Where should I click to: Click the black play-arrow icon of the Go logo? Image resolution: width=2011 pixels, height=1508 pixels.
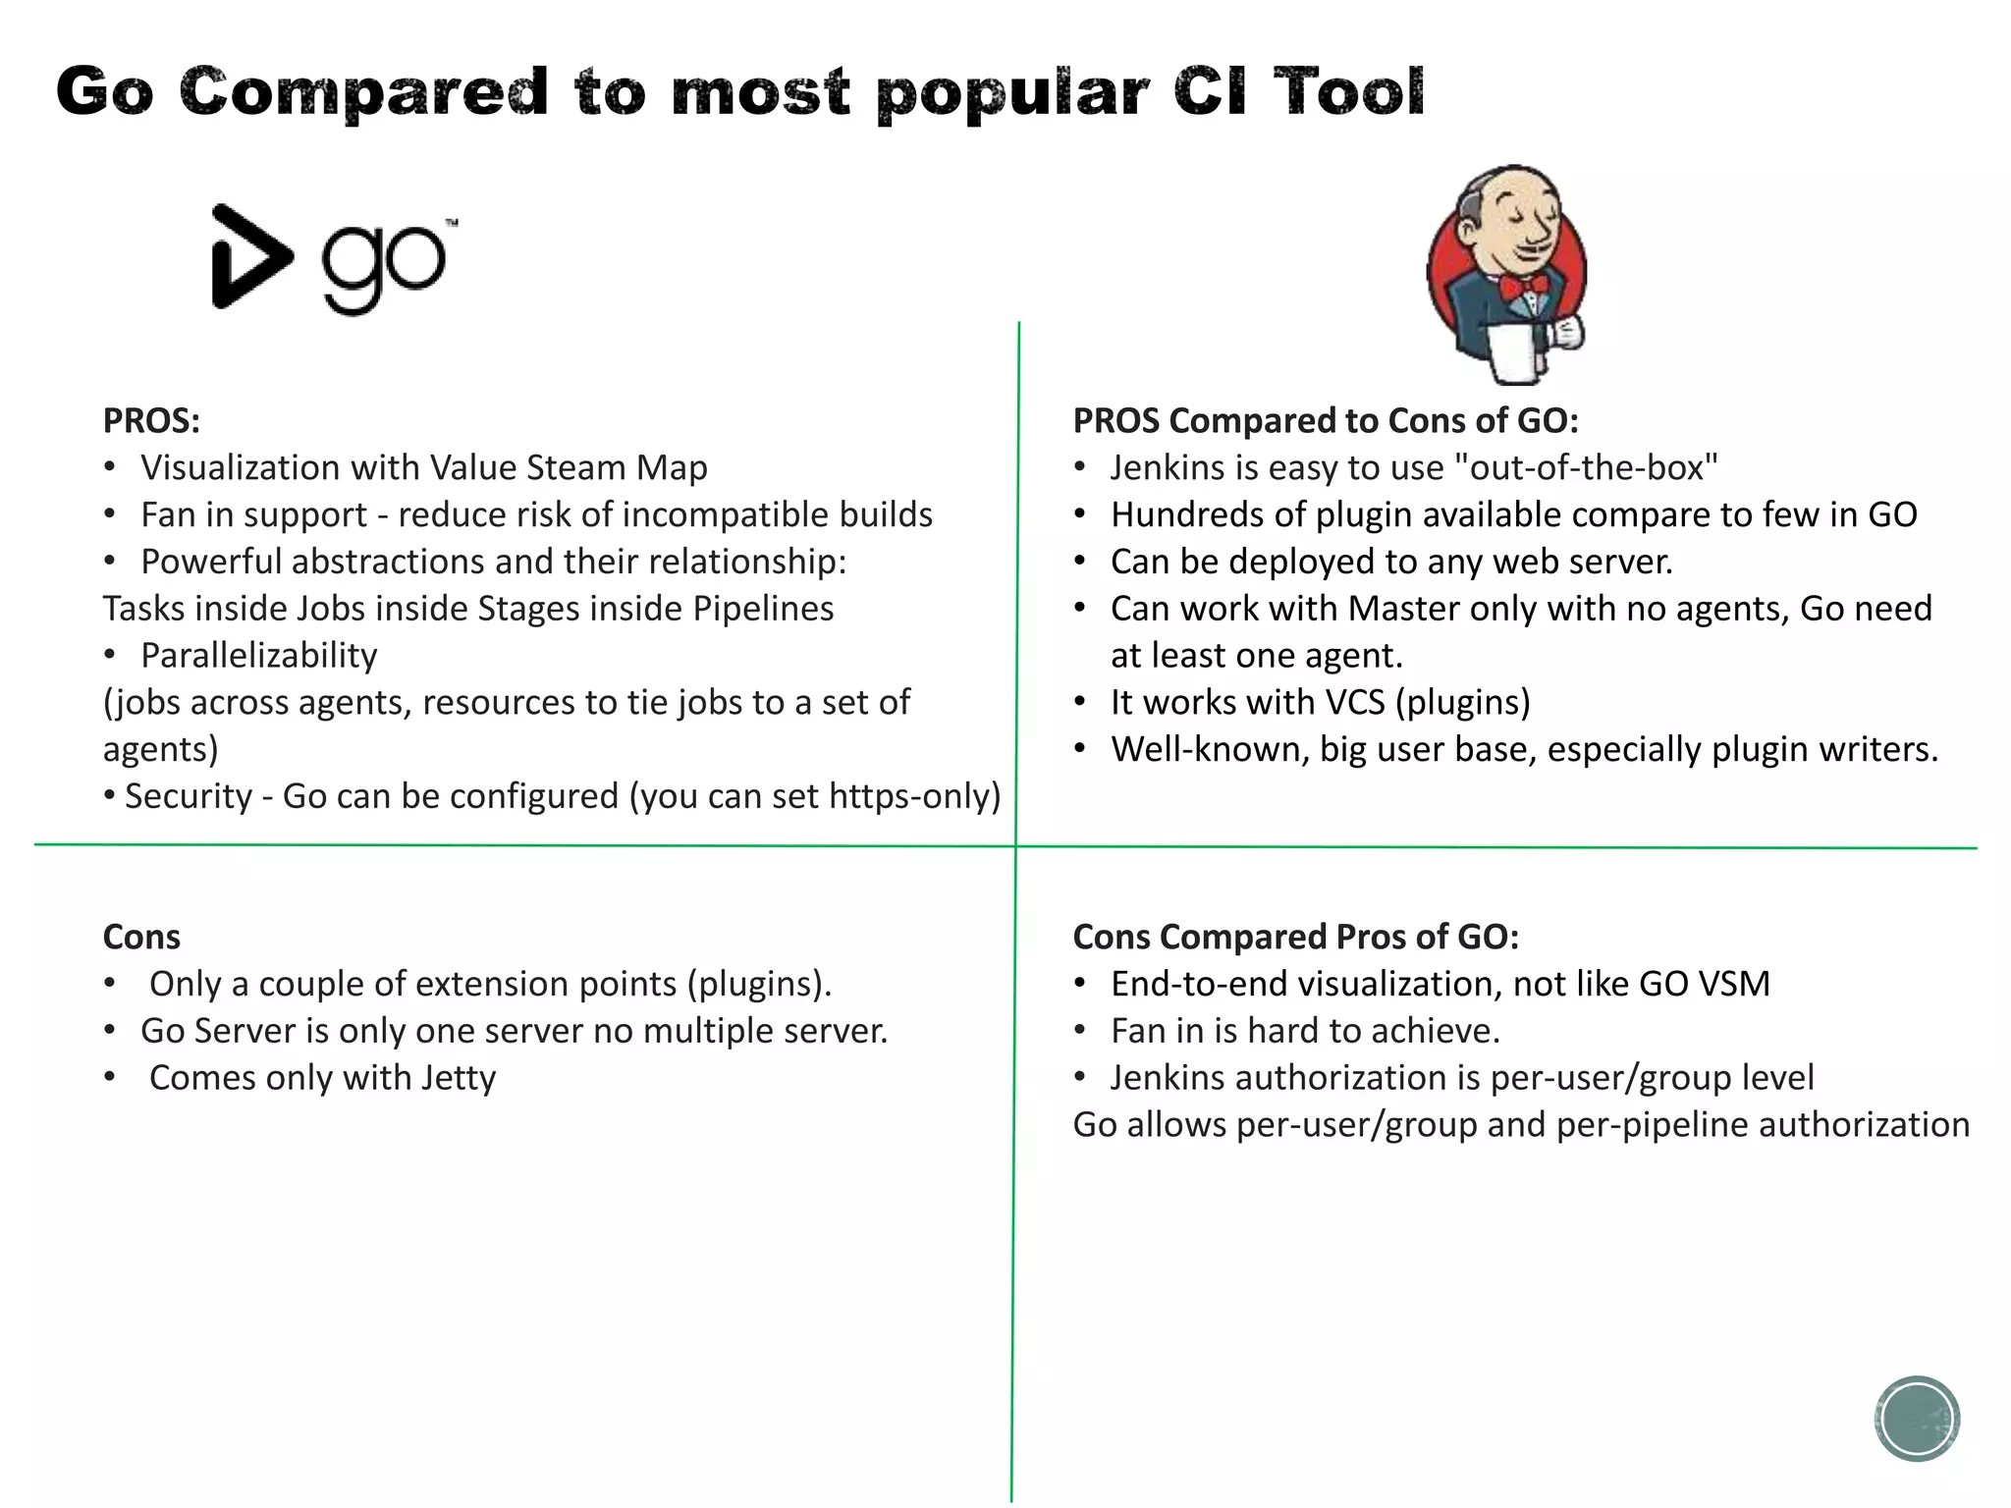[247, 257]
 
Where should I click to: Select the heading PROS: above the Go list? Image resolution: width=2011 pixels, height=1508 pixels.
[151, 421]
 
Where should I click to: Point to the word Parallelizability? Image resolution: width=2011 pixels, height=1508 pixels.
[259, 655]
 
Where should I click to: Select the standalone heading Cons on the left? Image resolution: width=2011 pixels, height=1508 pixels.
[141, 937]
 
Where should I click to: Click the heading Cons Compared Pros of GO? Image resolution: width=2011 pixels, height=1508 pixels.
[1295, 937]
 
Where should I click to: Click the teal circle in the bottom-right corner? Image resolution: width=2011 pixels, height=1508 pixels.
[1917, 1419]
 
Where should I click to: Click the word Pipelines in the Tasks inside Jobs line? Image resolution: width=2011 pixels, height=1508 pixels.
[763, 609]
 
